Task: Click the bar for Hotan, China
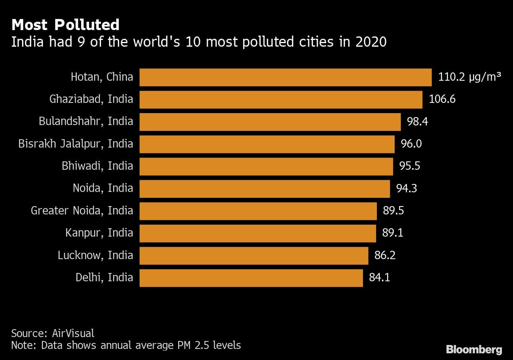285,77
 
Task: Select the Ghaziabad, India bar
281,99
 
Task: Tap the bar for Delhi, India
251,278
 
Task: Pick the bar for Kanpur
258,233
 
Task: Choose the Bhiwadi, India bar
266,166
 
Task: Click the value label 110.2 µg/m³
469,77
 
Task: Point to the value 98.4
417,121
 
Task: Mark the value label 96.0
411,144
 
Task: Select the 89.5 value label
393,210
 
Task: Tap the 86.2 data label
385,255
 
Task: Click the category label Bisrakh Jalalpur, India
76,144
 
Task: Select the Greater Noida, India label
82,210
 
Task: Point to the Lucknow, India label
95,255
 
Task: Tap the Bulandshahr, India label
86,121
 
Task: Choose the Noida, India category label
103,188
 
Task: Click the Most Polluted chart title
65,25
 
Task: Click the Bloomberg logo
474,349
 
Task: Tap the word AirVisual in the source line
73,333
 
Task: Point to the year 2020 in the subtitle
370,42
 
